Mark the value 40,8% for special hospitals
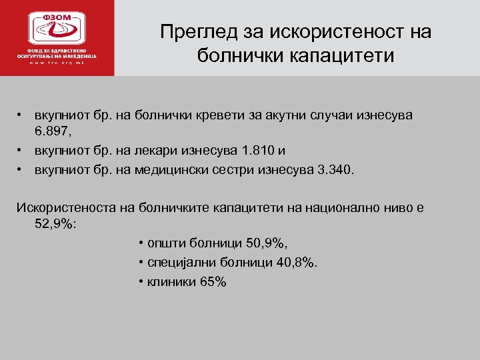coord(291,262)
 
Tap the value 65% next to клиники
coord(213,282)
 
